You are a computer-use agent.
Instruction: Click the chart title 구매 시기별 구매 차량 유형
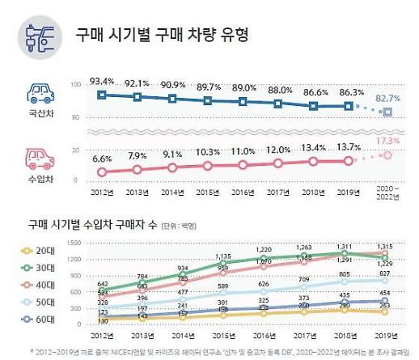click(x=162, y=36)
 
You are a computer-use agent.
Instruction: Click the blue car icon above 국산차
click(x=40, y=91)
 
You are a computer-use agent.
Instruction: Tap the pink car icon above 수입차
click(x=40, y=156)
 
